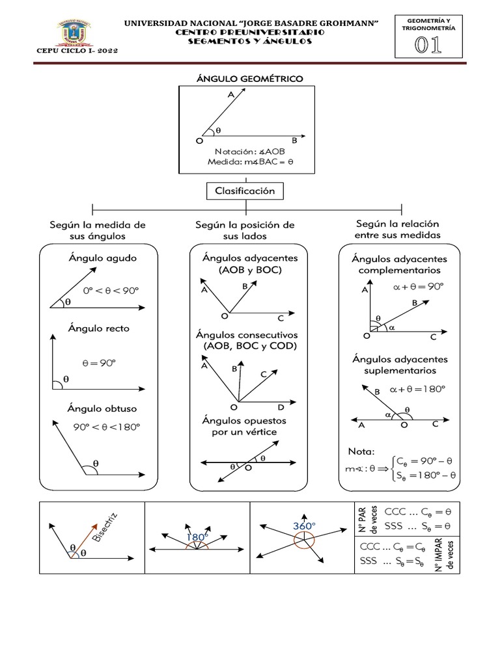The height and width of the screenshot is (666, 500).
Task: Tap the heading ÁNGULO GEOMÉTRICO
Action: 250,79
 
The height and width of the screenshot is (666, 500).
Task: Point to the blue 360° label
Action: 303,526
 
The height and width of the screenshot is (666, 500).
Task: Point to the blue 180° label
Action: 197,537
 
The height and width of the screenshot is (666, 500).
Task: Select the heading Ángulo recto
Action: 99,328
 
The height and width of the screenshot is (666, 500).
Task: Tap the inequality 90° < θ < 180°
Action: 107,427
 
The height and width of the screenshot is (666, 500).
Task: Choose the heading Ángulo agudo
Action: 102,258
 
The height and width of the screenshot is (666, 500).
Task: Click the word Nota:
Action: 361,451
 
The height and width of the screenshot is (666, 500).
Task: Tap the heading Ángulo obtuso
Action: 102,409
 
